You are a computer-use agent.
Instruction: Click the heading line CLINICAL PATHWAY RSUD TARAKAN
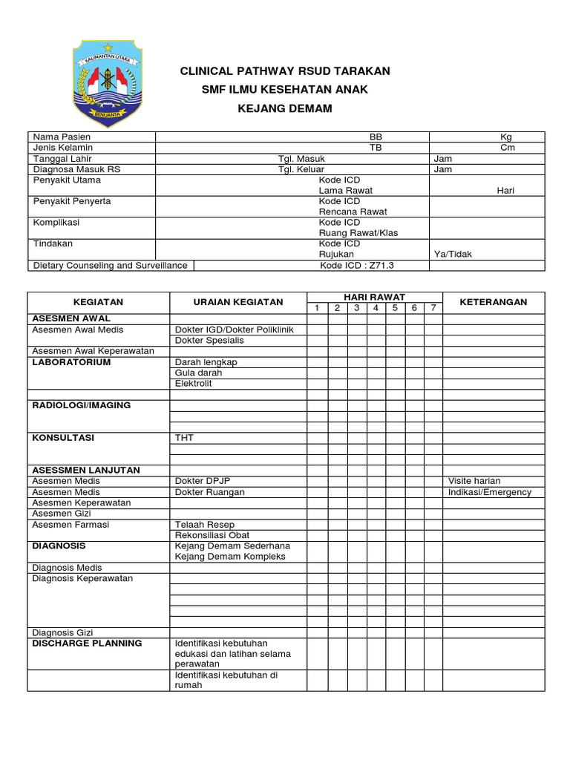coord(285,71)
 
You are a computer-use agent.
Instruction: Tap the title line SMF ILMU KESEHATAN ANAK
coord(285,90)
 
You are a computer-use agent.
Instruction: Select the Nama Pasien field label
coord(61,137)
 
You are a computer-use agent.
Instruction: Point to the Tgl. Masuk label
coord(301,159)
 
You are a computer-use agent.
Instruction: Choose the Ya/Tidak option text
coord(453,254)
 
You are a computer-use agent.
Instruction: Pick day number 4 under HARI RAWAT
coord(376,308)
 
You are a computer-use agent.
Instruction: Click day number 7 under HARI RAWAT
coord(433,308)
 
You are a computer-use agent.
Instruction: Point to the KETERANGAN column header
coord(493,302)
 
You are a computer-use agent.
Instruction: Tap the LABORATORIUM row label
coord(71,362)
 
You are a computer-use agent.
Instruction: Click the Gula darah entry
coord(198,373)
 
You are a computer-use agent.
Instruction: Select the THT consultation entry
coord(184,438)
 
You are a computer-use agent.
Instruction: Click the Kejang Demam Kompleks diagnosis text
coord(229,557)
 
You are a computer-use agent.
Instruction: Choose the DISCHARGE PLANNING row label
coord(87,643)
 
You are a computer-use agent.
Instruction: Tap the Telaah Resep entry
coord(205,524)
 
